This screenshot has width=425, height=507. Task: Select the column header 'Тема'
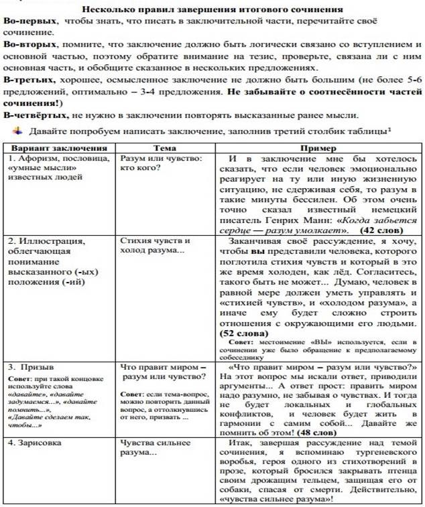165,148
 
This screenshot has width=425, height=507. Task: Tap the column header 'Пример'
318,148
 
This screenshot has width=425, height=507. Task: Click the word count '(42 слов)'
381,229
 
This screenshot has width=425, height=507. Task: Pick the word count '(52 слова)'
244,332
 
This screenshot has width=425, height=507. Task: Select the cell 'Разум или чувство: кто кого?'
161,163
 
